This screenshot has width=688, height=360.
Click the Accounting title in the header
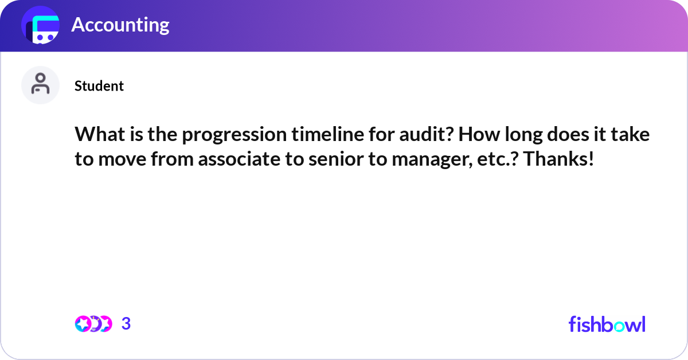(120, 25)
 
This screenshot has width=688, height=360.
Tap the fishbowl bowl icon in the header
(40, 26)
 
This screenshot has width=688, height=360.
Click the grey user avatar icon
(40, 85)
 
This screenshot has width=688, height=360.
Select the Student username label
(99, 86)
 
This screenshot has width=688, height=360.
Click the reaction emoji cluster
(93, 324)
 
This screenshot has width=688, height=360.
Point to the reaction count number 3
(126, 324)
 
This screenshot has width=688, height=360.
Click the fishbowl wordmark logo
(607, 324)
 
